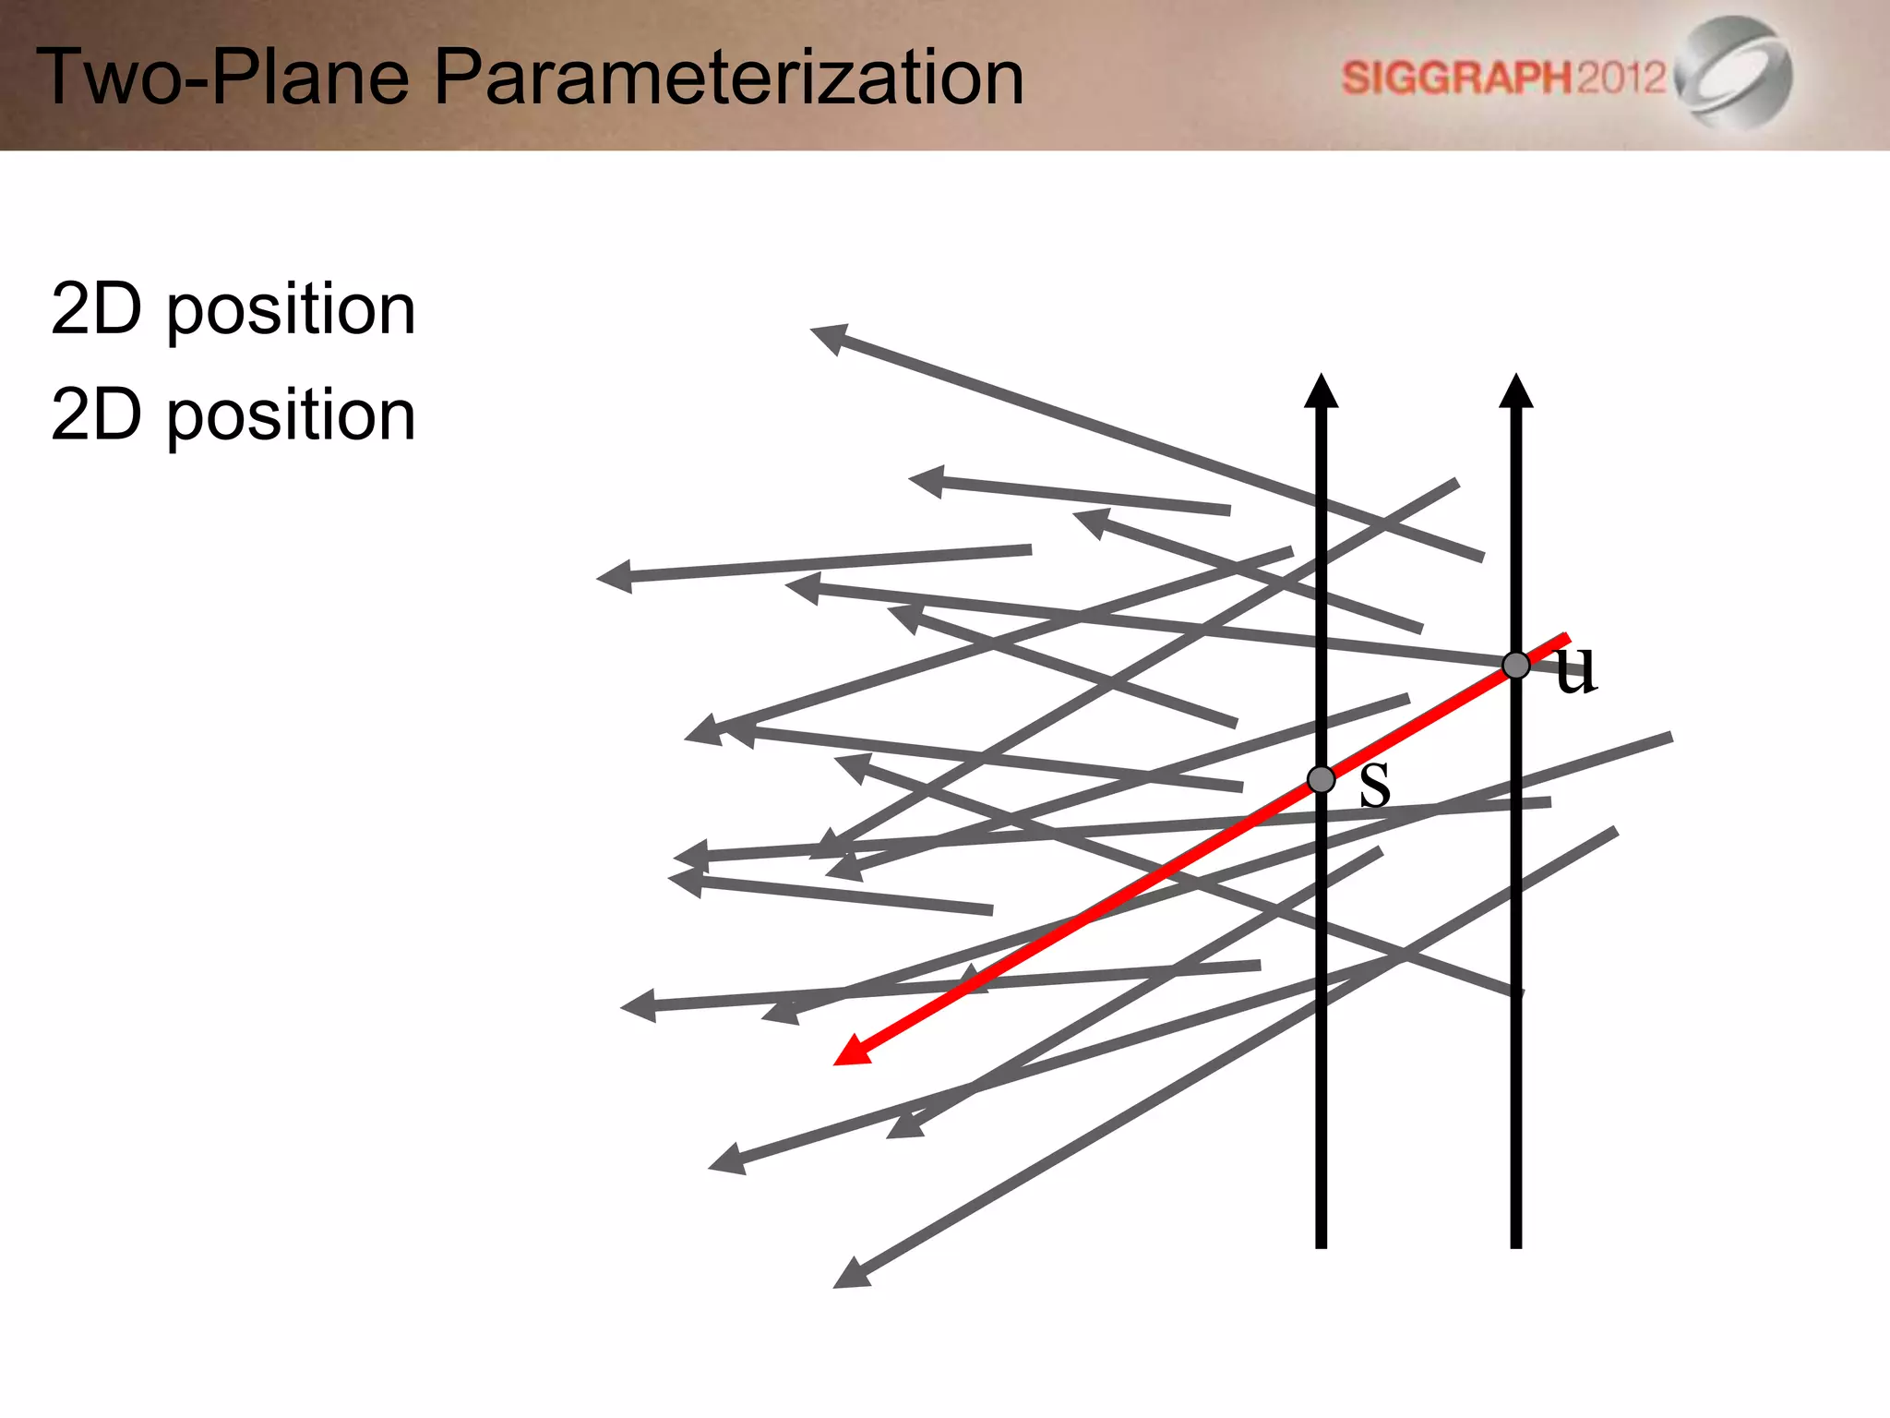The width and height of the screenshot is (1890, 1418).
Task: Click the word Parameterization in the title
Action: (729, 78)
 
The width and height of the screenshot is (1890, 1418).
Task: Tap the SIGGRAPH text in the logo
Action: (1455, 78)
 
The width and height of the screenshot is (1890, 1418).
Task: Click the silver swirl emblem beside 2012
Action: (1735, 72)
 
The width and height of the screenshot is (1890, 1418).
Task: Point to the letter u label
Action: (1575, 668)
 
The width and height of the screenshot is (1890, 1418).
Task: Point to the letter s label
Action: (1375, 784)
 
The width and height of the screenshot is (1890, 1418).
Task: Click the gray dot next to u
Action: (1516, 665)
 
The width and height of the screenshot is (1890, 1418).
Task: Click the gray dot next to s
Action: (1322, 779)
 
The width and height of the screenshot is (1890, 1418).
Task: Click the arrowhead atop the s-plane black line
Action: (1322, 391)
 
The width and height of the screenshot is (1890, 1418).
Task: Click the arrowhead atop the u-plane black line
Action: (1516, 391)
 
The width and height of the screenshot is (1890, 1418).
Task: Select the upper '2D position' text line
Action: (233, 310)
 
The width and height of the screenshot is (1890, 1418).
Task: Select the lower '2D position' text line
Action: (233, 415)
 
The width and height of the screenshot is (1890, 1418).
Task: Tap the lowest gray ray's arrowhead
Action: (850, 1275)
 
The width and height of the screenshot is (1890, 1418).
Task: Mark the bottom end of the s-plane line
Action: (1322, 1244)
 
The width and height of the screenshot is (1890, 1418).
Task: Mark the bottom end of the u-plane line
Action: (1516, 1244)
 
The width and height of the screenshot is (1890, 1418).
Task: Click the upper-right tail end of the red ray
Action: (1565, 637)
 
